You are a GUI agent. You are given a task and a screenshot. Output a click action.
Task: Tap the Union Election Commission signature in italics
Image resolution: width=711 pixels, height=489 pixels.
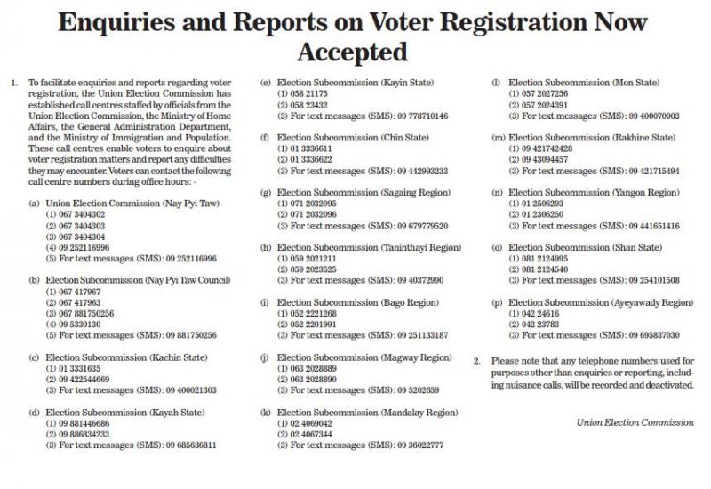tap(635, 421)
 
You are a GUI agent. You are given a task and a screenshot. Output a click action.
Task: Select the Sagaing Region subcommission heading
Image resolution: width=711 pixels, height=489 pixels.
tap(363, 193)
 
